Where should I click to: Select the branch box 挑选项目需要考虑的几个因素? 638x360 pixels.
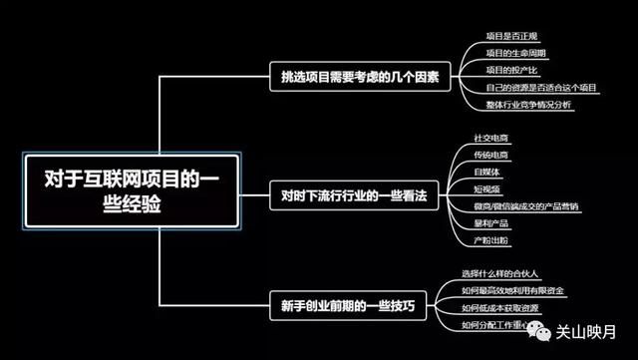[x=362, y=76]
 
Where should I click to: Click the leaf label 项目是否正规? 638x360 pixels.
[x=510, y=36]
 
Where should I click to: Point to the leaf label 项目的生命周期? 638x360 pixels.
[x=514, y=53]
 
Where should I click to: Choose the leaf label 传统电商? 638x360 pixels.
[x=491, y=156]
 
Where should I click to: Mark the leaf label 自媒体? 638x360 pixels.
[x=487, y=173]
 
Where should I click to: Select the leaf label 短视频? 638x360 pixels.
[x=487, y=189]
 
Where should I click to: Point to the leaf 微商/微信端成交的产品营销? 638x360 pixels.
[x=525, y=206]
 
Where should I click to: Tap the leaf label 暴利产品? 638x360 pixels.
[x=491, y=223]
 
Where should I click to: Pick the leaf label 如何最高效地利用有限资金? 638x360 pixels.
[x=513, y=291]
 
